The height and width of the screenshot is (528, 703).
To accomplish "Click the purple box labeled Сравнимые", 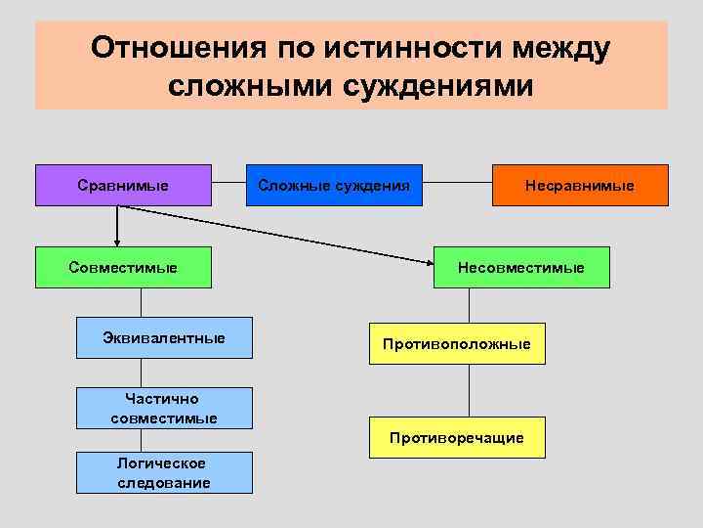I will pyautogui.click(x=123, y=185).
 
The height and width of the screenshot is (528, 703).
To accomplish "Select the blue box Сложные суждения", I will pyautogui.click(x=334, y=185).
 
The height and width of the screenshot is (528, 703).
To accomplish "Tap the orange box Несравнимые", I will pyautogui.click(x=580, y=185).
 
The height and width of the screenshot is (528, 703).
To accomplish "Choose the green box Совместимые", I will pyautogui.click(x=123, y=267).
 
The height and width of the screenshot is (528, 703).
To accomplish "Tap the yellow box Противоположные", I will pyautogui.click(x=457, y=344).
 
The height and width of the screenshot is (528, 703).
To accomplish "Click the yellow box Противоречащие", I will pyautogui.click(x=457, y=438).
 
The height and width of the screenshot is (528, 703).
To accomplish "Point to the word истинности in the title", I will pyautogui.click(x=422, y=48).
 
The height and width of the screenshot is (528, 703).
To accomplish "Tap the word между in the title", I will pyautogui.click(x=563, y=48).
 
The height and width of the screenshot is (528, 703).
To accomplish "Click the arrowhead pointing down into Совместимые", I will pyautogui.click(x=117, y=242).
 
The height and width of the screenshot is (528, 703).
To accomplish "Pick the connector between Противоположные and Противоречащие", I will pyautogui.click(x=470, y=390).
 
